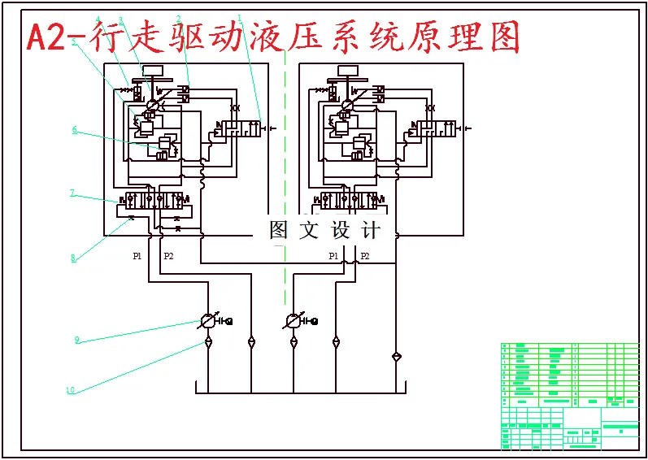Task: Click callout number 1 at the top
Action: (x=239, y=17)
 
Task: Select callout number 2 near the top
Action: (x=178, y=19)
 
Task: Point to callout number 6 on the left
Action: (x=74, y=129)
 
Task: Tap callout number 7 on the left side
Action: (x=72, y=193)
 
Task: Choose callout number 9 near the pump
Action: (x=77, y=340)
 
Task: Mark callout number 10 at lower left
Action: (x=71, y=390)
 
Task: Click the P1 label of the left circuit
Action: (x=137, y=256)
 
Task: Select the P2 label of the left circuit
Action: (x=168, y=256)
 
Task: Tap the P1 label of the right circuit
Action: (x=333, y=256)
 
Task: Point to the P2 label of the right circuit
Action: (x=364, y=256)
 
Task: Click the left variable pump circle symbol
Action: (x=209, y=321)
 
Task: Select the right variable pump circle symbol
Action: (x=294, y=321)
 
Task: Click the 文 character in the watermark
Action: (x=309, y=230)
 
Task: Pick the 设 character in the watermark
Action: (x=340, y=230)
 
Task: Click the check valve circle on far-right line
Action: (x=396, y=356)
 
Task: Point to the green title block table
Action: (x=569, y=395)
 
